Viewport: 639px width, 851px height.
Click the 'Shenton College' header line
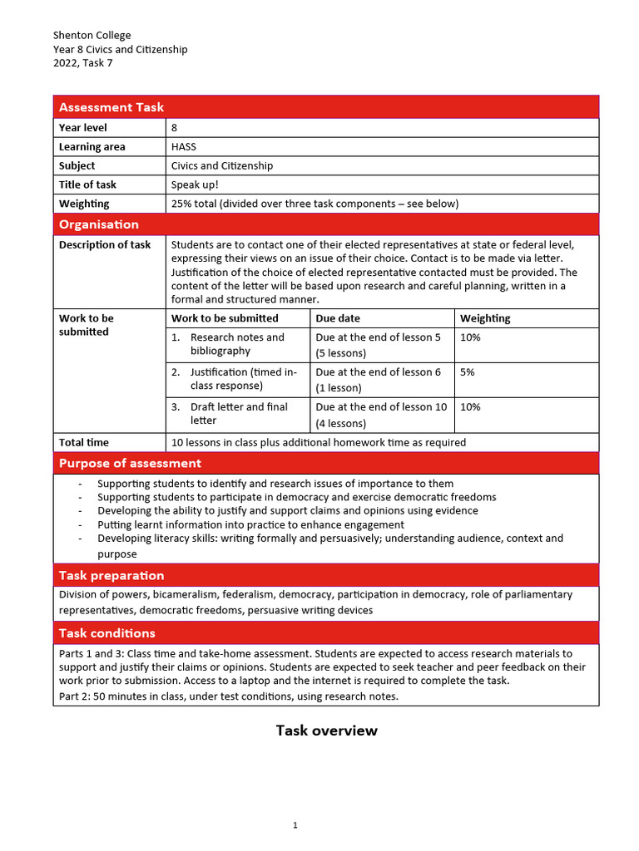92,35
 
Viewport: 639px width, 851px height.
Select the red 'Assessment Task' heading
111,107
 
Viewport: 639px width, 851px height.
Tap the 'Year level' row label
83,128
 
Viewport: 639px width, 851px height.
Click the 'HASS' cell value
184,147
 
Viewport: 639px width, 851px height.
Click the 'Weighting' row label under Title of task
84,204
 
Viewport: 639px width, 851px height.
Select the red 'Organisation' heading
99,224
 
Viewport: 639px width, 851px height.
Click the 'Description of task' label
105,245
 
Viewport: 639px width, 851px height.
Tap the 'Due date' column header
338,318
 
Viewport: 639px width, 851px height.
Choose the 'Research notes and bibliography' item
236,344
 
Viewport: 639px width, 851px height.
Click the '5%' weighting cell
468,372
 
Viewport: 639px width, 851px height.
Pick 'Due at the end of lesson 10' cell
381,407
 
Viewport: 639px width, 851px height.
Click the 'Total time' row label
84,443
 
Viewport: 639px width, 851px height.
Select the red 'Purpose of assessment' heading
130,463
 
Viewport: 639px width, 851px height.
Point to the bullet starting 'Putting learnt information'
250,524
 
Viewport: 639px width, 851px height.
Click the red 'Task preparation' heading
111,575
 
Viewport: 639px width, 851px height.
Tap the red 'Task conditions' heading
106,633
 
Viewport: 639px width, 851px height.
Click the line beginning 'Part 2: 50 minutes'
229,696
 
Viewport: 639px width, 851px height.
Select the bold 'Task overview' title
326,730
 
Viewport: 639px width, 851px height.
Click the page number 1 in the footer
295,825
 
